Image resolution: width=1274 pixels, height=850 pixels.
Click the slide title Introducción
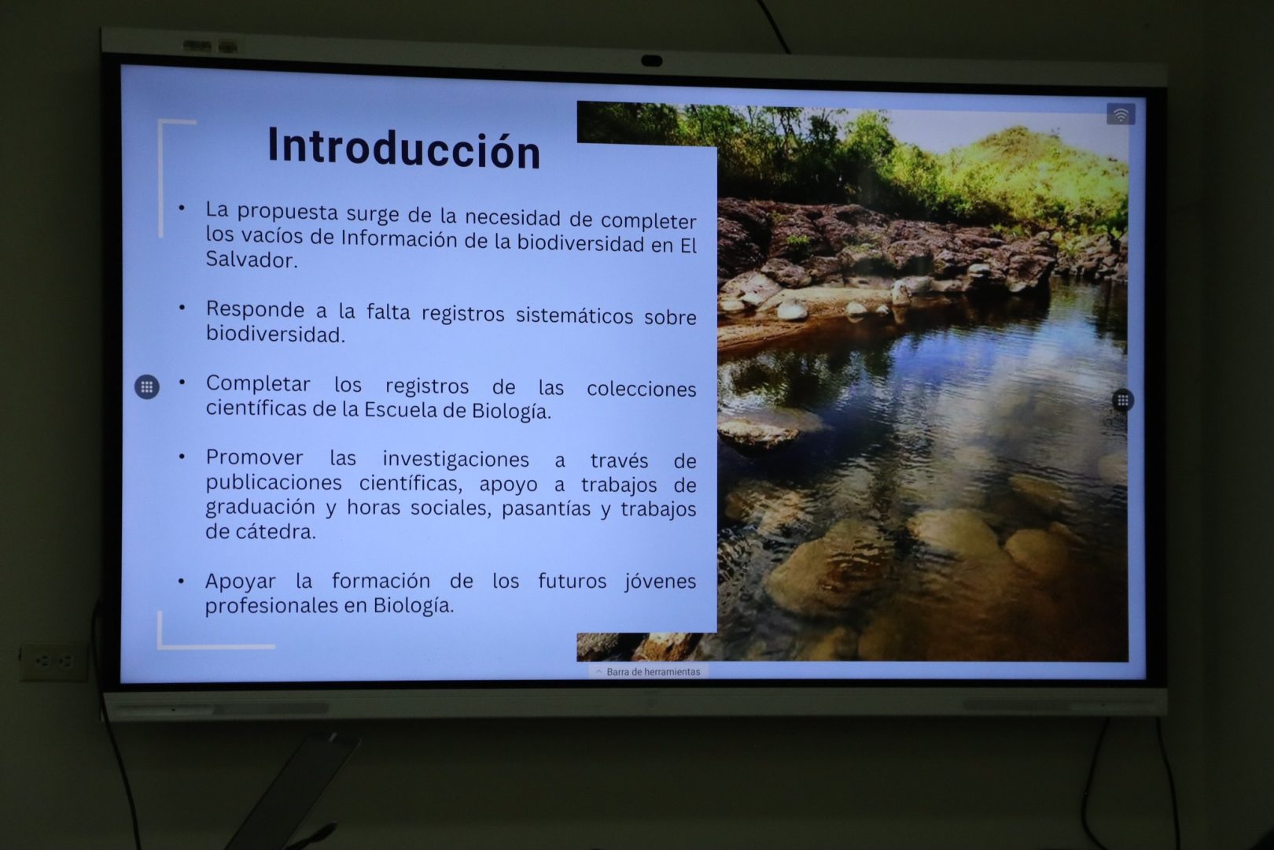pos(403,147)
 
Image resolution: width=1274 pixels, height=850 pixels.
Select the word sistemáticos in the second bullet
pos(574,315)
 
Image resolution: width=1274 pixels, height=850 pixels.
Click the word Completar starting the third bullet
pos(258,384)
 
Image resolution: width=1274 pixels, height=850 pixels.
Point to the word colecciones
pos(642,389)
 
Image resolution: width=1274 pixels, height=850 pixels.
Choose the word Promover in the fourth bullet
pos(254,456)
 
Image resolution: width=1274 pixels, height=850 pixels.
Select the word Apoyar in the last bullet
pos(240,582)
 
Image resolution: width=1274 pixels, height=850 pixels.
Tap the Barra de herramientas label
pos(653,672)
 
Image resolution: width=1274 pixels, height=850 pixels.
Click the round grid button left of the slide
pos(147,387)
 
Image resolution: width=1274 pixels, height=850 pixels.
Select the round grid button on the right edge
pos(1122,401)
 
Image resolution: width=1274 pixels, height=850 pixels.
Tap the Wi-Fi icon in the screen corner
pos(1121,114)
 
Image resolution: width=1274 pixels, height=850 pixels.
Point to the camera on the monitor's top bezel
pos(651,61)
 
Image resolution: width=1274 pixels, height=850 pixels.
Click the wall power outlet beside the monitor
pos(53,662)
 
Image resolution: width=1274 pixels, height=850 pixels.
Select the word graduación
pos(260,508)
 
